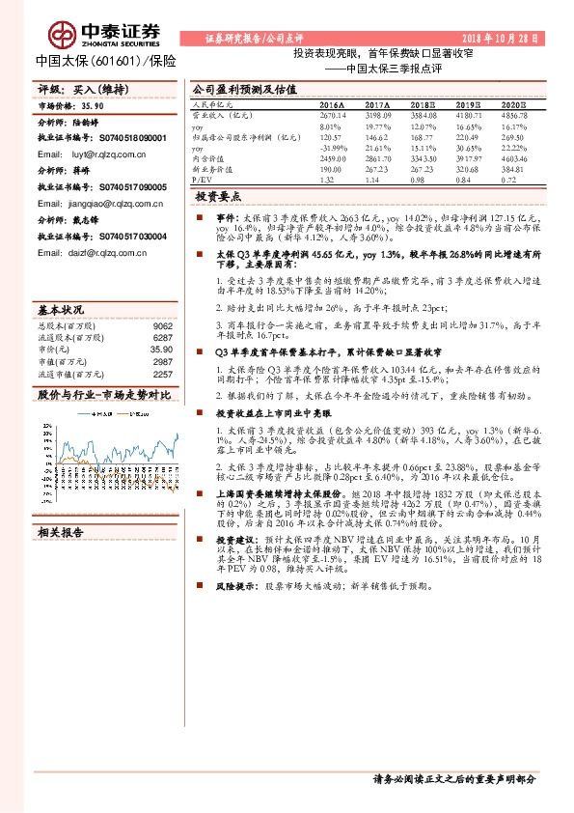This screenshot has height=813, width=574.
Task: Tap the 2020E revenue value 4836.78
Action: (x=516, y=115)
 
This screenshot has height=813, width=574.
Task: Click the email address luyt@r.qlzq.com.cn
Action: (x=94, y=154)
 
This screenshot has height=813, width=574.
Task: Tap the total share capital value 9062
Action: (x=162, y=325)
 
